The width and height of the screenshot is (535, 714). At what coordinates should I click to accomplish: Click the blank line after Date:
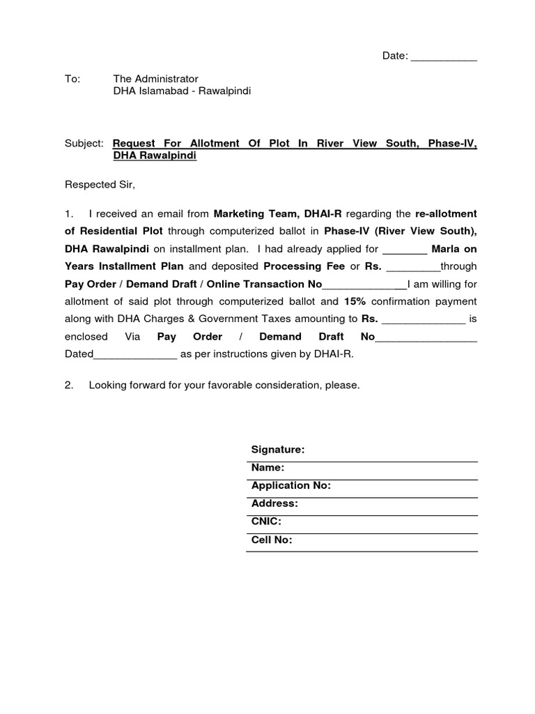click(x=444, y=57)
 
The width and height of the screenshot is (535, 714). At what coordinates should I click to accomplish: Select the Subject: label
click(x=84, y=143)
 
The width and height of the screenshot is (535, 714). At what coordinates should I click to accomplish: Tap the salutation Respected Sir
click(x=100, y=185)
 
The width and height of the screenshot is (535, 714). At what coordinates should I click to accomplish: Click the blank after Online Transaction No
click(x=364, y=284)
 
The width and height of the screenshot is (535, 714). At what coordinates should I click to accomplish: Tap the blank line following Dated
click(x=135, y=355)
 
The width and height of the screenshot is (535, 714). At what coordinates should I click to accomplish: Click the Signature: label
click(x=278, y=450)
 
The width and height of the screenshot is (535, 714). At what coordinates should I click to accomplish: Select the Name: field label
click(x=268, y=468)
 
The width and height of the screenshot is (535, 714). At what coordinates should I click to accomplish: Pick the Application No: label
click(x=291, y=485)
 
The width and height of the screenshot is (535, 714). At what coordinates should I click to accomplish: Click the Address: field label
click(x=274, y=503)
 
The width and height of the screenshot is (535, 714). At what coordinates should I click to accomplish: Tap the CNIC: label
click(x=266, y=522)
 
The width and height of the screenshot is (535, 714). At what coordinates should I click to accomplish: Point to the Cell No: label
click(x=272, y=540)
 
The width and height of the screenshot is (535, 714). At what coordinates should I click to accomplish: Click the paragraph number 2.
click(x=69, y=385)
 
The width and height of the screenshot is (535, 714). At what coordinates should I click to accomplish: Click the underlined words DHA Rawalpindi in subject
click(x=155, y=156)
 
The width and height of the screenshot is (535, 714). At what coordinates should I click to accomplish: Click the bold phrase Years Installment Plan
click(x=124, y=266)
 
